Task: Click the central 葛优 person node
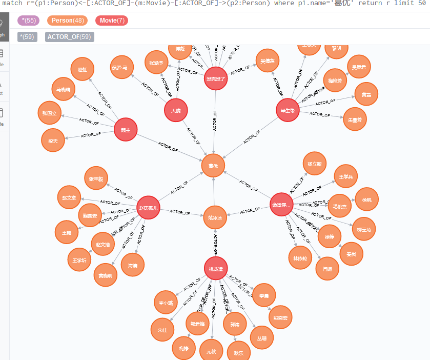click(x=213, y=166)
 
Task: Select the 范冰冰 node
click(x=215, y=218)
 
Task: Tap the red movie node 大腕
click(x=176, y=110)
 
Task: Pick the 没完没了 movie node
click(x=216, y=78)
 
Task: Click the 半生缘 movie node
click(x=288, y=111)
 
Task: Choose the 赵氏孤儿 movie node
click(x=149, y=208)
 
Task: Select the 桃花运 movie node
click(x=215, y=269)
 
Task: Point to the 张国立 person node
click(x=50, y=113)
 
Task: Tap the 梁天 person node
click(x=53, y=139)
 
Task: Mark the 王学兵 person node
click(x=346, y=177)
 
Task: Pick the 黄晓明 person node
click(x=106, y=275)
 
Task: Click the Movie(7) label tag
click(x=111, y=21)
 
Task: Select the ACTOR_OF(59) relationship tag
click(x=69, y=37)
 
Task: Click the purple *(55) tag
click(x=29, y=21)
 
